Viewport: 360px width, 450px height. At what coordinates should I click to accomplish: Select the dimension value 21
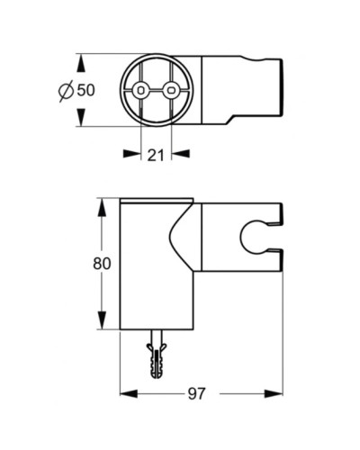tap(156, 154)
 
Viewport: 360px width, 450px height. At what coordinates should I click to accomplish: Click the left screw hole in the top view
tap(141, 91)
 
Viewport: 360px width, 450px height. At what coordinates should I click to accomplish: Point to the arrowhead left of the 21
tap(133, 153)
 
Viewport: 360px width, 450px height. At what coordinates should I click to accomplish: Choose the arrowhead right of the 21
tap(180, 153)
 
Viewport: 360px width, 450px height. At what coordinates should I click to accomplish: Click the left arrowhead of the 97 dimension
tap(126, 393)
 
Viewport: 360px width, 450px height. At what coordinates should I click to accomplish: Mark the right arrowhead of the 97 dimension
tap(276, 393)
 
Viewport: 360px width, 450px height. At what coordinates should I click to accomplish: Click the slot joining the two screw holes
tap(156, 91)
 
